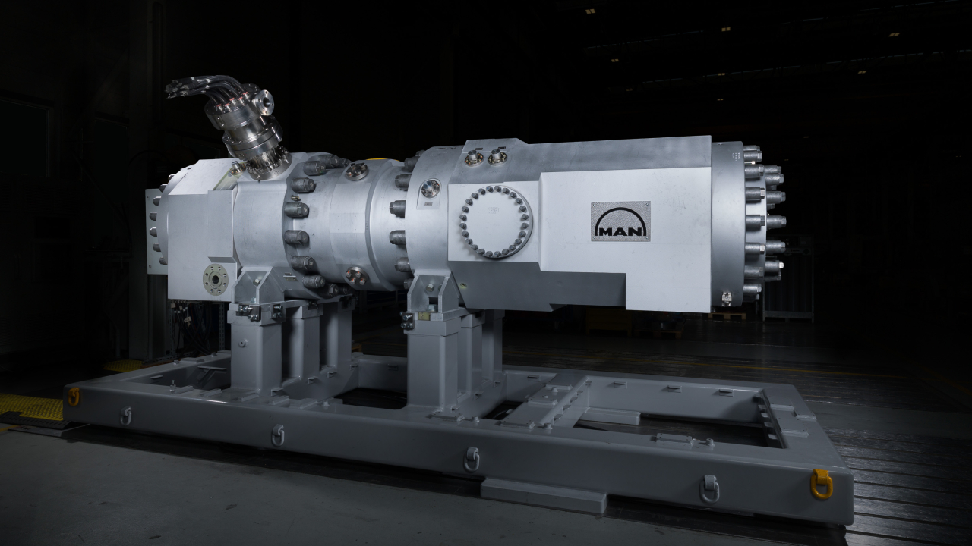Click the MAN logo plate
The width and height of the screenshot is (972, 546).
pos(620,221)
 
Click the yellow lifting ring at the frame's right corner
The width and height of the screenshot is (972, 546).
pos(822,484)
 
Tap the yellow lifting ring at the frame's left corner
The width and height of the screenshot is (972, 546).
pos(74,397)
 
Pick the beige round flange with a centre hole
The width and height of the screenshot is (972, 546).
pos(216,280)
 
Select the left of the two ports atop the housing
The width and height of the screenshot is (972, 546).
pos(475,157)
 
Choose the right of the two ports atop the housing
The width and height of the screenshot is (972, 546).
pos(497,156)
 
